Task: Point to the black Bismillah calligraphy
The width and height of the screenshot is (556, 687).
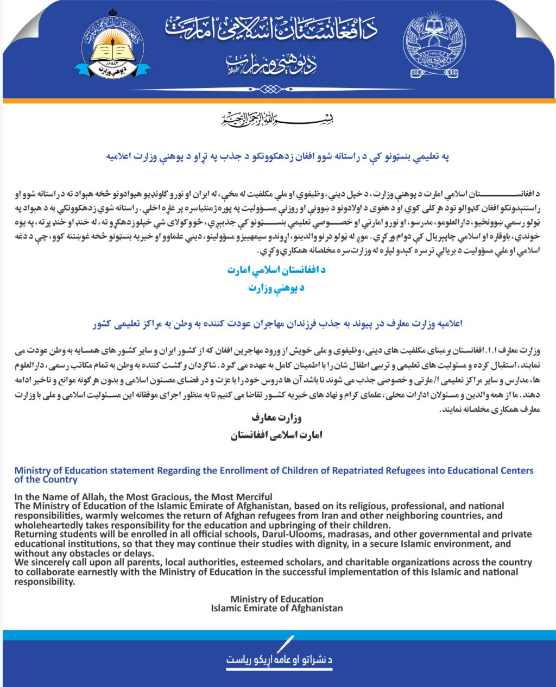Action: tap(277, 118)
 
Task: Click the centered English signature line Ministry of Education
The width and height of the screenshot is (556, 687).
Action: tap(277, 599)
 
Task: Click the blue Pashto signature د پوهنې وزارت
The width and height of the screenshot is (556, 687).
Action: tap(276, 288)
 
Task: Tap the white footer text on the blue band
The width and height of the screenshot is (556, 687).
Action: tap(279, 660)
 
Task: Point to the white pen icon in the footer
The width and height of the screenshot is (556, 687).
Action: tap(285, 644)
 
